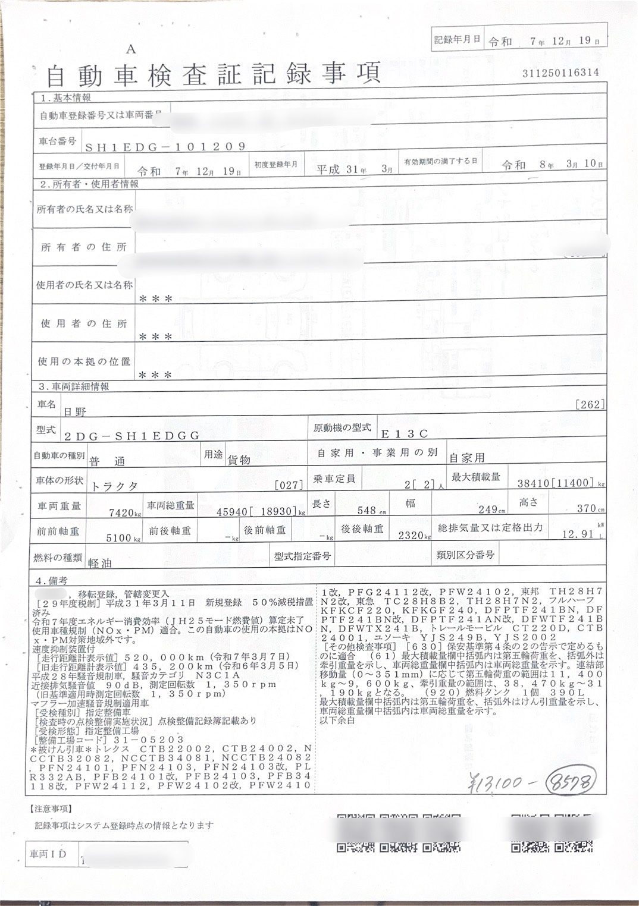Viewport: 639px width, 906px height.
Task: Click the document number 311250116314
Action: coord(560,73)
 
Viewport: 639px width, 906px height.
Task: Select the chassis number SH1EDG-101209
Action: coord(165,147)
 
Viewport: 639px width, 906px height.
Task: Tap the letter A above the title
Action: coord(131,50)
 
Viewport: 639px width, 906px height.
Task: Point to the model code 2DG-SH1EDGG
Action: coord(131,436)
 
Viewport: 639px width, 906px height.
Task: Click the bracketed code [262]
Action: coord(590,405)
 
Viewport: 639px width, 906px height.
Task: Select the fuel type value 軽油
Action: coord(99,562)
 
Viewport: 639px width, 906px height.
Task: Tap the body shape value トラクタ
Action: coord(114,486)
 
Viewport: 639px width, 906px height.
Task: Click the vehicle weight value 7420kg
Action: coord(125,512)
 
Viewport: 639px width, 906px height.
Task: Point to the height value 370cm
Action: coord(590,509)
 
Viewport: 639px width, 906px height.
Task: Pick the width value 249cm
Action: coord(491,510)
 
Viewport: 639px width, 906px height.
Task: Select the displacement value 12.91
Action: coord(578,534)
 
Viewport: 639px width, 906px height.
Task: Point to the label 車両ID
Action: coord(48,854)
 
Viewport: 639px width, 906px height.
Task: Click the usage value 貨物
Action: coord(239,460)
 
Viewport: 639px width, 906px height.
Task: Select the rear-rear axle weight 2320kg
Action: coord(414,536)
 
